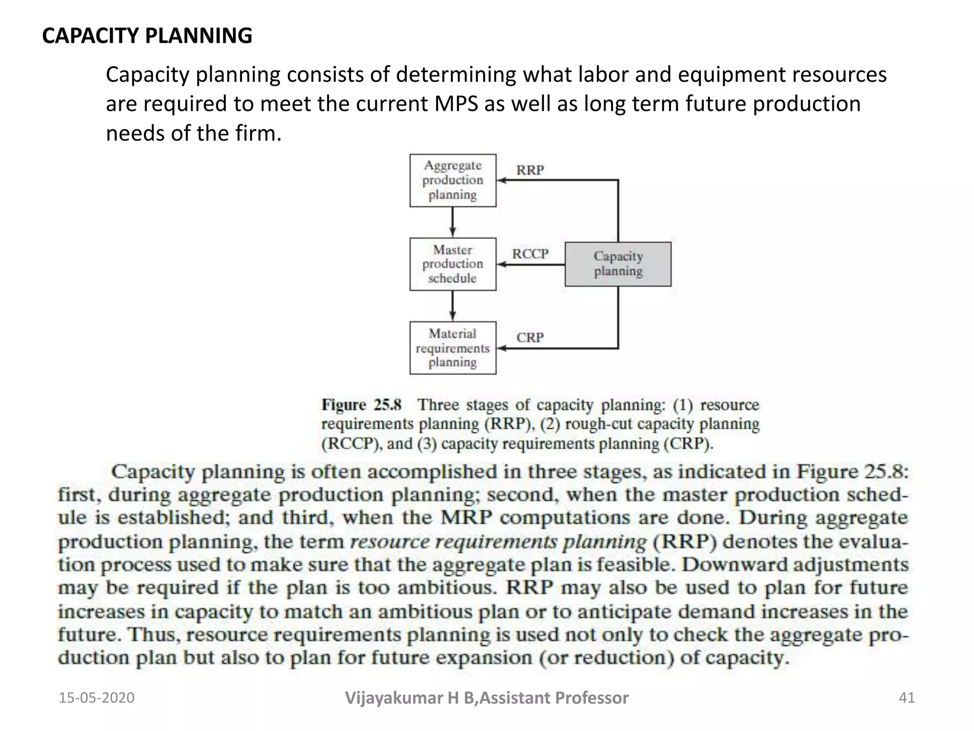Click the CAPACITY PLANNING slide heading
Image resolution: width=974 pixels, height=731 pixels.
point(147,36)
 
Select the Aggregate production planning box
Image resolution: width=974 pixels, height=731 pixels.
point(453,180)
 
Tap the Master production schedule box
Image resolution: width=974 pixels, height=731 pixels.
point(453,264)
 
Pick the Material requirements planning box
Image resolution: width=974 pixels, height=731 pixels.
point(453,348)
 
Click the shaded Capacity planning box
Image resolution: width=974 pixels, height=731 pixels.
point(618,264)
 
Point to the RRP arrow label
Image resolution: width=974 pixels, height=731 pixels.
point(530,170)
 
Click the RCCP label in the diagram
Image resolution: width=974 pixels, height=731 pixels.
point(530,254)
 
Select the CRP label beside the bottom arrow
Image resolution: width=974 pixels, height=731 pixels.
point(530,337)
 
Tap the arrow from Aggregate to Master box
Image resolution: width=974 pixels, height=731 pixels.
point(453,222)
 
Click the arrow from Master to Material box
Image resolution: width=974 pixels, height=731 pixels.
point(453,306)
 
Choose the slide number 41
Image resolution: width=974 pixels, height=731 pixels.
point(906,698)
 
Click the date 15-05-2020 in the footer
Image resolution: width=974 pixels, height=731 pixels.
point(97,698)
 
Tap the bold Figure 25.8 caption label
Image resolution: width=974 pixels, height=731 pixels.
point(361,405)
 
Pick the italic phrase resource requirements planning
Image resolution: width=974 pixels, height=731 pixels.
point(498,542)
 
